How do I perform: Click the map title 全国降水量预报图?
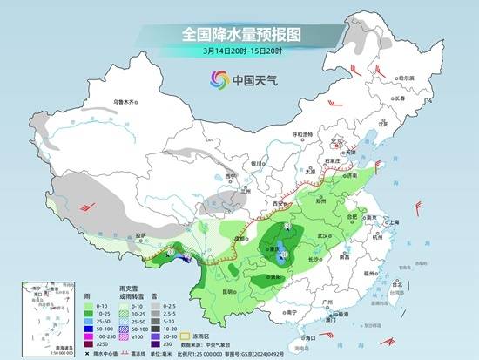pos(239,35)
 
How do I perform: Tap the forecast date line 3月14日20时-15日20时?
pos(239,51)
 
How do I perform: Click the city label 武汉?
pos(327,235)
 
